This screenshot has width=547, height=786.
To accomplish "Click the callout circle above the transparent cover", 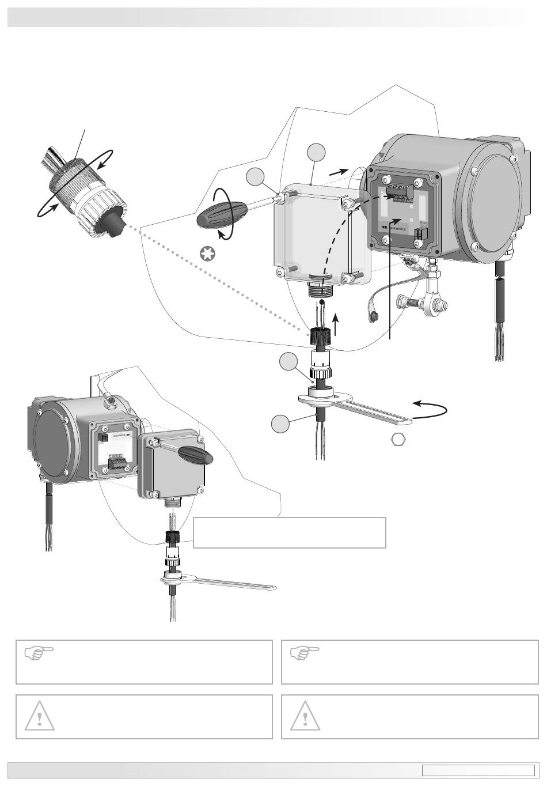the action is [x=316, y=153].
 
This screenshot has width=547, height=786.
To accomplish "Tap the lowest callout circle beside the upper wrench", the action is [x=281, y=424].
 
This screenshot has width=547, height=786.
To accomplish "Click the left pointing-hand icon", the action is [x=39, y=653].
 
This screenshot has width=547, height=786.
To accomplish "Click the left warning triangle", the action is [x=39, y=716].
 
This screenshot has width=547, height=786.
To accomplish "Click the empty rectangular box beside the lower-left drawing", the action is [x=289, y=532].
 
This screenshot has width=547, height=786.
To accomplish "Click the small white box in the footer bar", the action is [x=478, y=770].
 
